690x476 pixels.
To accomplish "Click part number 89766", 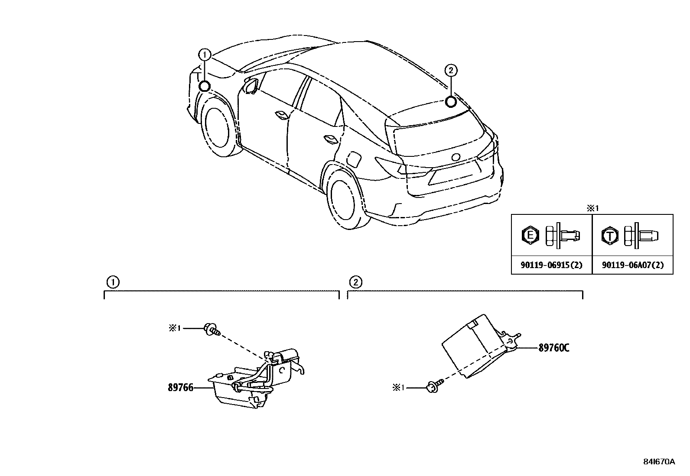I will pos(180,388).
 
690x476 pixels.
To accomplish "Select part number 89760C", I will pos(553,348).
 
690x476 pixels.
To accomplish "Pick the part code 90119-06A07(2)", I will pos(632,265).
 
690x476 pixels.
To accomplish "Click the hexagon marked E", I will pos(530,236).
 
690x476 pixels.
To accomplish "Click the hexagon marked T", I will pos(610,236).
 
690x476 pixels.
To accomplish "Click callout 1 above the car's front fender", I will pos(205,55).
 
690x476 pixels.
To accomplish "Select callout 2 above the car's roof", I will pos(451,70).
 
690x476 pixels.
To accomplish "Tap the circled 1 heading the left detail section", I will pos(112,282).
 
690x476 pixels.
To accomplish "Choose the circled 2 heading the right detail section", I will pos(355,282).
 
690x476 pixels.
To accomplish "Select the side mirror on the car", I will pos(251,85).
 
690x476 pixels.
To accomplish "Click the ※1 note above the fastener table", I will pos(592,208).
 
